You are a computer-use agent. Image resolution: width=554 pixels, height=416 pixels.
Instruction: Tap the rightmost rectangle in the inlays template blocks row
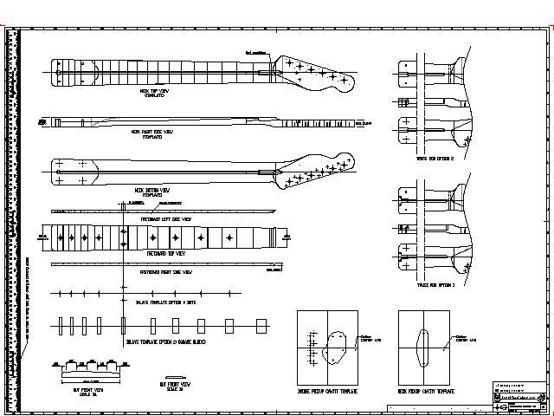click(261, 325)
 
